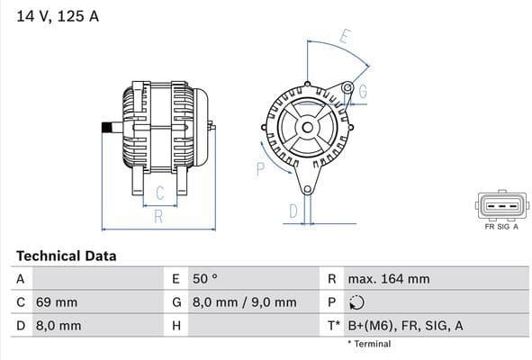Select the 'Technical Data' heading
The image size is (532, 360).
click(66, 256)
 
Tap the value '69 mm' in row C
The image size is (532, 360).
click(57, 302)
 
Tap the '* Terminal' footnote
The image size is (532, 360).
click(369, 344)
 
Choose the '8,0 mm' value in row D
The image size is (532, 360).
click(59, 326)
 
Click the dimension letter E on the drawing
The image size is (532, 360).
click(344, 38)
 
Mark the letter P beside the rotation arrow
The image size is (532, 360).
click(260, 167)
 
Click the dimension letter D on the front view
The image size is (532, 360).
click(293, 211)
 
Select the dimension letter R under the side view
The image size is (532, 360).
click(158, 216)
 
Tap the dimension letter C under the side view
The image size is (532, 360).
click(158, 193)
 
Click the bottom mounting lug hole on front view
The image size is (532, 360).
click(307, 189)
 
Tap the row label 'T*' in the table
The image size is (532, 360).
click(333, 326)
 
